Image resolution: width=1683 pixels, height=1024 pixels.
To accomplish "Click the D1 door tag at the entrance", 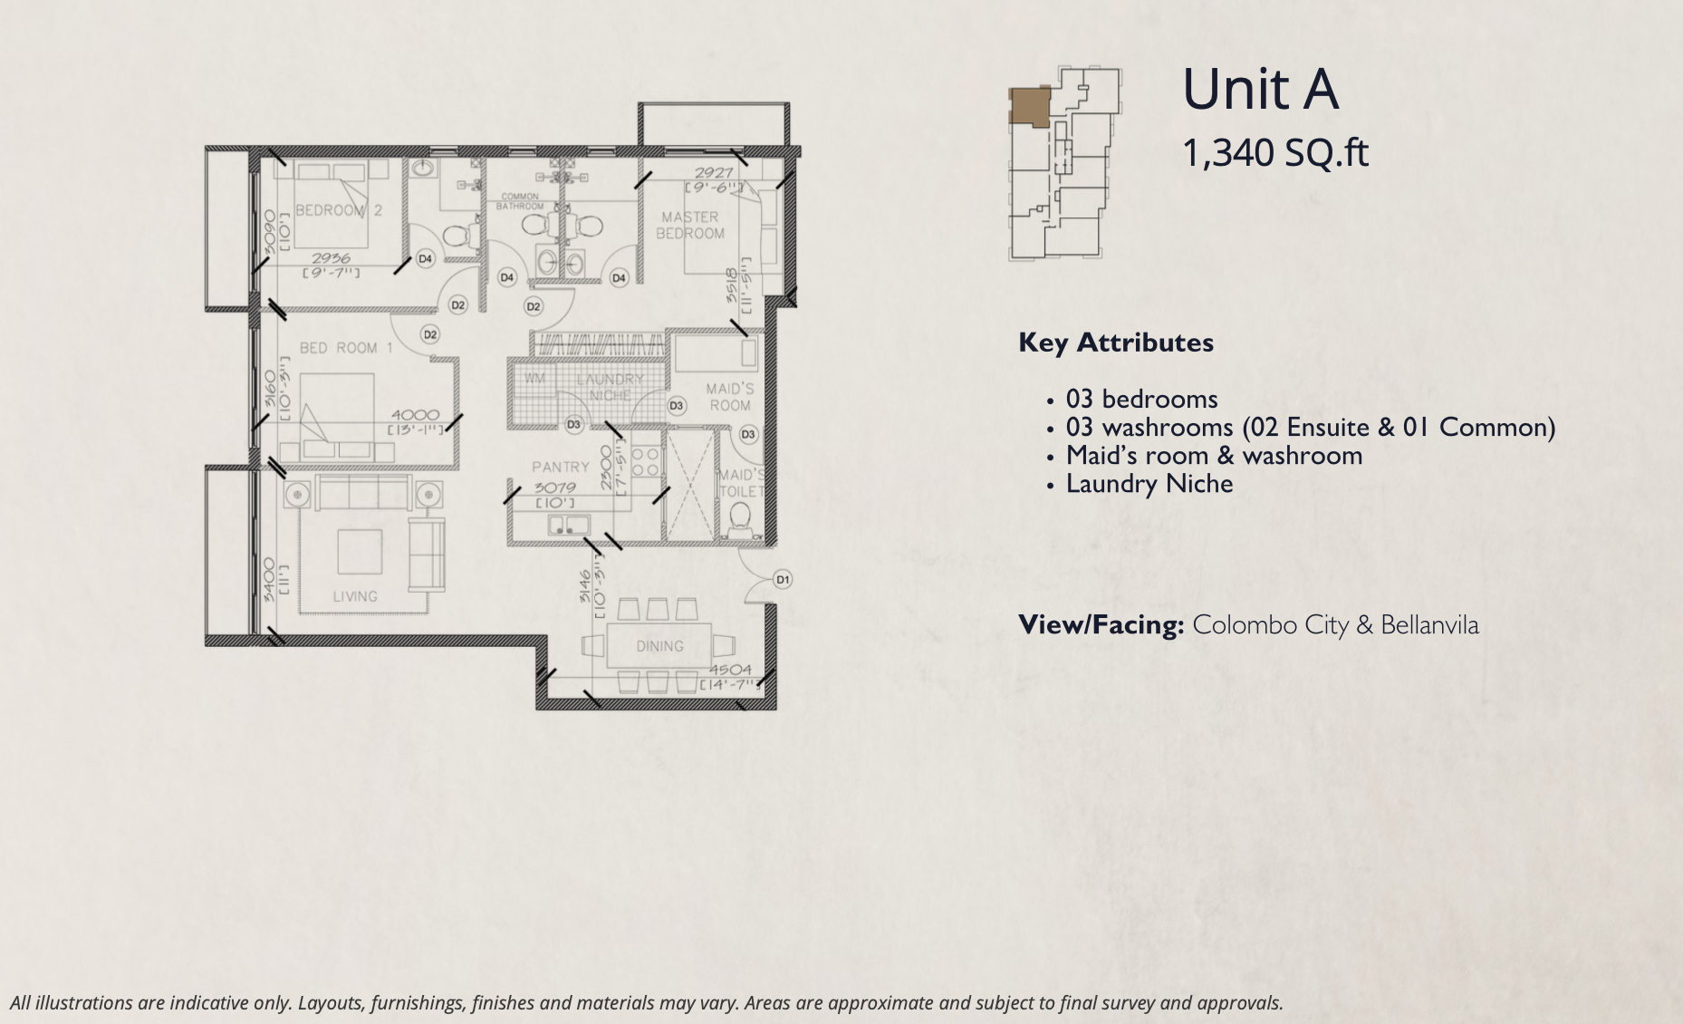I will point(783,579).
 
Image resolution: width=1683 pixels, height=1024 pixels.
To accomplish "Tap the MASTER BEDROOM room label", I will point(690,226).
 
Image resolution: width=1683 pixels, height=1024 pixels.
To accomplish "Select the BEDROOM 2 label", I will point(339,210).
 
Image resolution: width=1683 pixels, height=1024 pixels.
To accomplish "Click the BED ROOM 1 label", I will point(346,348).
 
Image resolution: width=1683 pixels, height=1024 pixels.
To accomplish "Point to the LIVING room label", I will point(355,596).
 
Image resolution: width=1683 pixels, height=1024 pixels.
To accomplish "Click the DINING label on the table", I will point(659,646).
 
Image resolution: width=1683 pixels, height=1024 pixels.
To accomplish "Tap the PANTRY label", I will point(561,467).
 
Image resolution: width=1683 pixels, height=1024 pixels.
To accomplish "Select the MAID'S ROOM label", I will point(730,397).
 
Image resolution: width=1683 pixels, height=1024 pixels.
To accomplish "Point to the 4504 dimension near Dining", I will point(730,670).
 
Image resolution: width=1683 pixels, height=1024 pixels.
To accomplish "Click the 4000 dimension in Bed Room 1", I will point(415,415).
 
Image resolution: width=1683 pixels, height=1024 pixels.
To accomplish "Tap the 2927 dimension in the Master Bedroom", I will point(714,172).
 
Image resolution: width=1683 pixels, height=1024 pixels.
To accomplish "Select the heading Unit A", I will point(1260,90).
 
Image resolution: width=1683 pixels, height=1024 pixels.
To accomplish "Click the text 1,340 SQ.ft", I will point(1275,152).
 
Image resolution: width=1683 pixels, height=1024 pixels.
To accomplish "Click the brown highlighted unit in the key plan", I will point(1030,106).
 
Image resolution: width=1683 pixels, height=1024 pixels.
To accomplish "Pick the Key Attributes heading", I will point(1116,343).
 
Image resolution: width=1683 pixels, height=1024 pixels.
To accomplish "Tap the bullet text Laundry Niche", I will point(1149,484).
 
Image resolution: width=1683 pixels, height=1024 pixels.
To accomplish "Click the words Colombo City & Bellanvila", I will point(1335,625).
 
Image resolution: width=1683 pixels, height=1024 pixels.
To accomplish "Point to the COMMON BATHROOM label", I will point(520,201).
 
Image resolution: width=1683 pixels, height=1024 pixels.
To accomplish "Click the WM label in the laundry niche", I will point(534,378).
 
